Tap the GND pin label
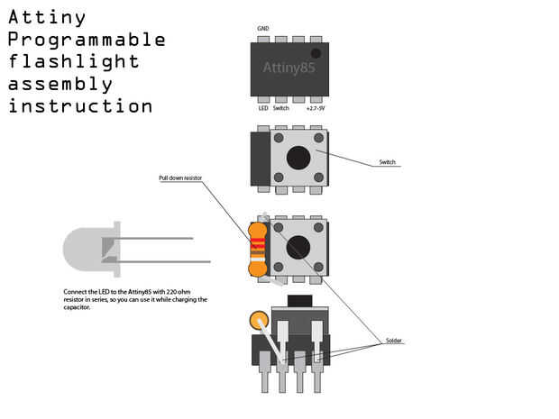262,29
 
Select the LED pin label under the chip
263,108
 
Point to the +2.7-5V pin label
315,108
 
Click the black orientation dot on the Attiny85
316,53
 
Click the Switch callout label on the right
387,162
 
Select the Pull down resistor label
178,178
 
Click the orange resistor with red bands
257,247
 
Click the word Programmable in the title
87,41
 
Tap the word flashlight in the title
74,62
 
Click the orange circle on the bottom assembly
260,322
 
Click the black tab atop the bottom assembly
298,299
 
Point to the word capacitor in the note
77,307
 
